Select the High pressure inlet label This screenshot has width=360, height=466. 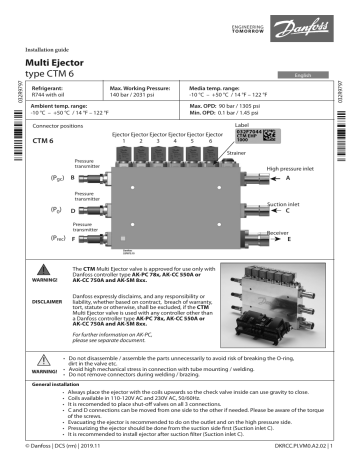pos(296,170)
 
